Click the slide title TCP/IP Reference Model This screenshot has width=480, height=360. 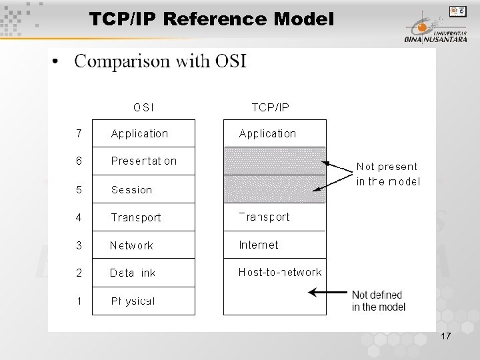pyautogui.click(x=211, y=20)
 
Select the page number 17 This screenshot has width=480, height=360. pyautogui.click(x=445, y=338)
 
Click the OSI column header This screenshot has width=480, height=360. pyautogui.click(x=143, y=107)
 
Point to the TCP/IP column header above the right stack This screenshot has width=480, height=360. pyautogui.click(x=270, y=107)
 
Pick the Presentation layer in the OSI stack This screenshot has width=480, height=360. pyautogui.click(x=143, y=161)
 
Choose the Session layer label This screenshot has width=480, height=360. pyautogui.click(x=131, y=190)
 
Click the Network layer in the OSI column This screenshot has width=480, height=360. pyautogui.click(x=131, y=245)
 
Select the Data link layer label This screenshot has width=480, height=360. pyautogui.click(x=133, y=273)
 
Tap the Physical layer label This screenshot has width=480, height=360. pyautogui.click(x=133, y=301)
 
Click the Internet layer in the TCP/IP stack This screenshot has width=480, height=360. pyautogui.click(x=259, y=245)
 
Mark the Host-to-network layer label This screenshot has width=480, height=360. pyautogui.click(x=280, y=272)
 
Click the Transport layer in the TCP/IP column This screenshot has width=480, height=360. pyautogui.click(x=265, y=217)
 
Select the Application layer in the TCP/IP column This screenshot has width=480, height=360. pyautogui.click(x=267, y=133)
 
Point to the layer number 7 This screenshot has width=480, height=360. pyautogui.click(x=79, y=133)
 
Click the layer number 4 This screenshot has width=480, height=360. pyautogui.click(x=79, y=217)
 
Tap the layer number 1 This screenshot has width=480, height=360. pyautogui.click(x=79, y=301)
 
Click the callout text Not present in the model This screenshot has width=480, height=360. pyautogui.click(x=388, y=174)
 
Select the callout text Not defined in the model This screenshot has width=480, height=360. pyautogui.click(x=378, y=301)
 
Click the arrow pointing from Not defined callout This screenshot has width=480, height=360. pyautogui.click(x=327, y=292)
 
